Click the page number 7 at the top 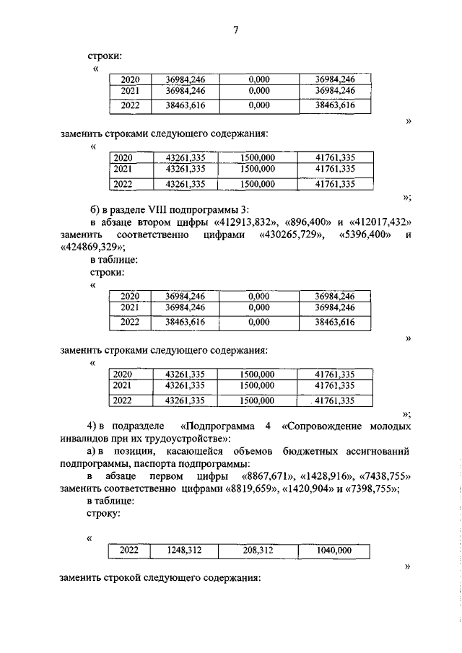[235, 30]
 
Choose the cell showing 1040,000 [334, 551]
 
